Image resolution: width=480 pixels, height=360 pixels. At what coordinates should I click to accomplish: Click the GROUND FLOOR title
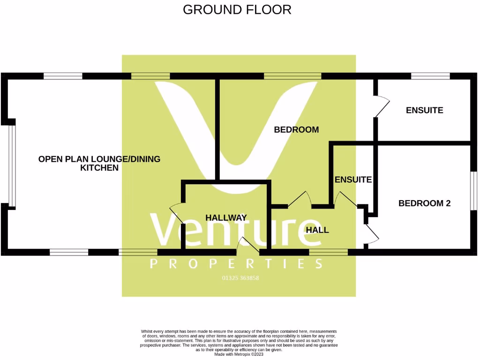(x=237, y=9)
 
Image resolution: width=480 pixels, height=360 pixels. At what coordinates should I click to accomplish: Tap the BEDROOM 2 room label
(x=424, y=203)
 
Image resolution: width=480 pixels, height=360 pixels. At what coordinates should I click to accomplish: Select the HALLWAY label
(x=226, y=217)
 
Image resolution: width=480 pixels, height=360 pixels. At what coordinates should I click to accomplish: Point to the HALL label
(x=317, y=230)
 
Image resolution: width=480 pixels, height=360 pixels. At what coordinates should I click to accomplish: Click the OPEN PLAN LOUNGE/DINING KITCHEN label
(x=99, y=163)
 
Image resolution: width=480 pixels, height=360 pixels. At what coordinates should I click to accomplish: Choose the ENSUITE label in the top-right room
(x=424, y=111)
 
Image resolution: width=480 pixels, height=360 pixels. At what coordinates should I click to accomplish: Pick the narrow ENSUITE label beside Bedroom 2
(x=353, y=180)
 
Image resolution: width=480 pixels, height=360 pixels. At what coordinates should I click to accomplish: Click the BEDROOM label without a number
(x=296, y=129)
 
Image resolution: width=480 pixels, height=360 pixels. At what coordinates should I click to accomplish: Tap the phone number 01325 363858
(x=240, y=278)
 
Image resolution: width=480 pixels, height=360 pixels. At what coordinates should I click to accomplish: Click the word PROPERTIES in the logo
(x=236, y=264)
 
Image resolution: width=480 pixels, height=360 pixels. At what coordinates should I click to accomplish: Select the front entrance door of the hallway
(x=248, y=246)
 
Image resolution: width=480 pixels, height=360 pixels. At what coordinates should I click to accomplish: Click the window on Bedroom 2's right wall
(x=473, y=191)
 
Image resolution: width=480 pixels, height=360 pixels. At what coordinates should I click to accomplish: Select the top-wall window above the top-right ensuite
(x=430, y=76)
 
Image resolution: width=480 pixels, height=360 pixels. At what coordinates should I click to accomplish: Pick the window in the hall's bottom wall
(x=329, y=252)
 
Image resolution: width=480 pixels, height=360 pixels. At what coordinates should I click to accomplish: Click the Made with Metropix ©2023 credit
(x=239, y=354)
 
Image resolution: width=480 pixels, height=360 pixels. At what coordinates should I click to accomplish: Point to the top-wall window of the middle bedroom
(x=292, y=76)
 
